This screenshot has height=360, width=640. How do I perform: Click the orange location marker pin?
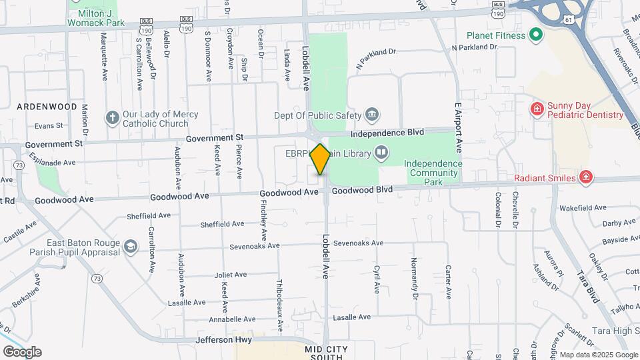pos(321,159)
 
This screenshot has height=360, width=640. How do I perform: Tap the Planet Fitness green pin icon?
pos(535,35)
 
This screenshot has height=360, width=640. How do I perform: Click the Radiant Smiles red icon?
pos(585,177)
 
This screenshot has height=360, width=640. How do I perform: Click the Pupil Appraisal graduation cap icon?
pos(131,247)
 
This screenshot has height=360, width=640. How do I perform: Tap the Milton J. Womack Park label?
pos(96,17)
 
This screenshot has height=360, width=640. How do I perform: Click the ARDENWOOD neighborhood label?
pos(47,106)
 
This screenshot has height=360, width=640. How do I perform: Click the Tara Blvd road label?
pos(588,287)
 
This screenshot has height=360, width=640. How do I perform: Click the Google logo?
pos(22,352)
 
